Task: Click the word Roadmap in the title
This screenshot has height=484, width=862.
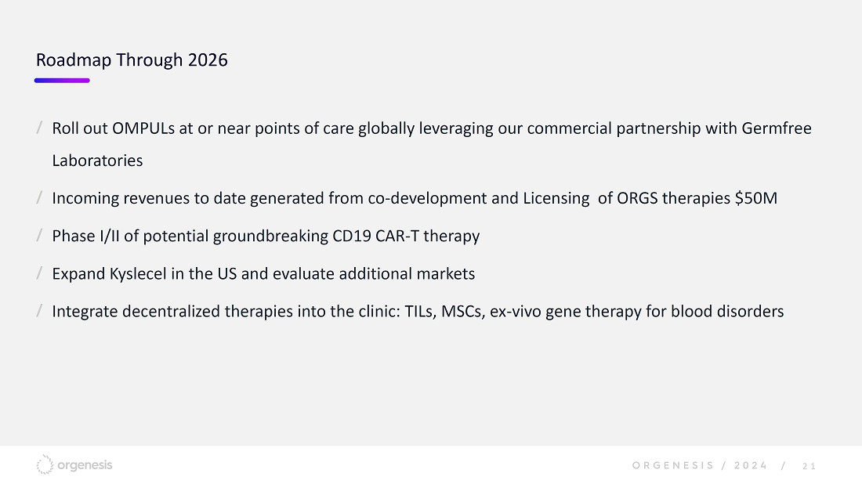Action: (x=74, y=60)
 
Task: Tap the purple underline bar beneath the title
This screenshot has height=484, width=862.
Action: (x=62, y=81)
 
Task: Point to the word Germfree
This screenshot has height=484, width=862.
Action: (x=777, y=128)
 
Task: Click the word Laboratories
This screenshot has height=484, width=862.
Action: (x=97, y=161)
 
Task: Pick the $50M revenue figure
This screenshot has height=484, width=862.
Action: (x=756, y=198)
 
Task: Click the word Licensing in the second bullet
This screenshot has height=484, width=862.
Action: (x=556, y=198)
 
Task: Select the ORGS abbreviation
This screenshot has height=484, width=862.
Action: (x=637, y=198)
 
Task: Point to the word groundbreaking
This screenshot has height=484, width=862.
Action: (x=270, y=237)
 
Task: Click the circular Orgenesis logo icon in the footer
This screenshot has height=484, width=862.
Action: (x=45, y=464)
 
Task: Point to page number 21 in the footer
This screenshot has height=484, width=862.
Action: (x=809, y=467)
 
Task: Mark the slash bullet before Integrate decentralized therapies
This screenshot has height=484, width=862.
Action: (x=40, y=311)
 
